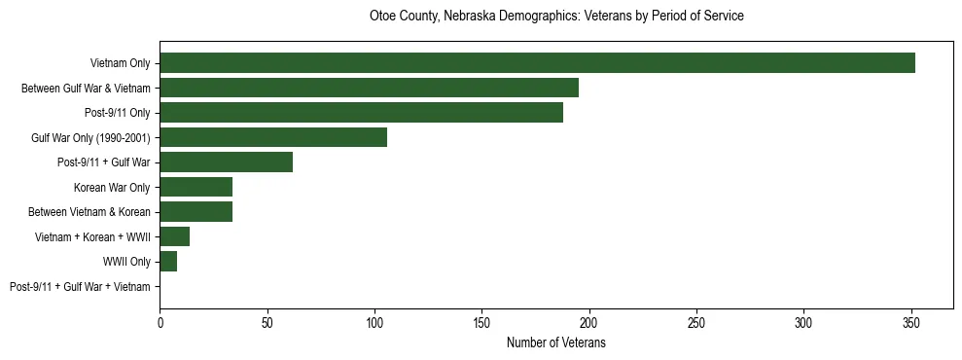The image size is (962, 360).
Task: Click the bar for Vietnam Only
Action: point(537,63)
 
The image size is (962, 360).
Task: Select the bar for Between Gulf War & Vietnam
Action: point(369,88)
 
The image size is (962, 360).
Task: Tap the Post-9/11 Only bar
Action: point(361,113)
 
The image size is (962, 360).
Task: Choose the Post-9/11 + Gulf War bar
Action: point(226,162)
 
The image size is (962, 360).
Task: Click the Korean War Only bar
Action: point(196,187)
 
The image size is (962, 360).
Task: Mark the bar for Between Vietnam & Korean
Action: point(196,212)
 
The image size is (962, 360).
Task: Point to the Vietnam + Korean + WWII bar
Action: point(174,236)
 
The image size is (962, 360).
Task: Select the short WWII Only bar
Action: point(168,262)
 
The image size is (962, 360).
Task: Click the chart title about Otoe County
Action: point(556,17)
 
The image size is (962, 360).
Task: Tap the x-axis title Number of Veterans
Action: point(556,342)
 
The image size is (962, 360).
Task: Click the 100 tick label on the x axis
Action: point(374,321)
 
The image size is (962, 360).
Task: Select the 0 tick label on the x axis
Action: point(160,321)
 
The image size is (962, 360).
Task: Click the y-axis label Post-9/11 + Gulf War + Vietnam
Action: point(80,287)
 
